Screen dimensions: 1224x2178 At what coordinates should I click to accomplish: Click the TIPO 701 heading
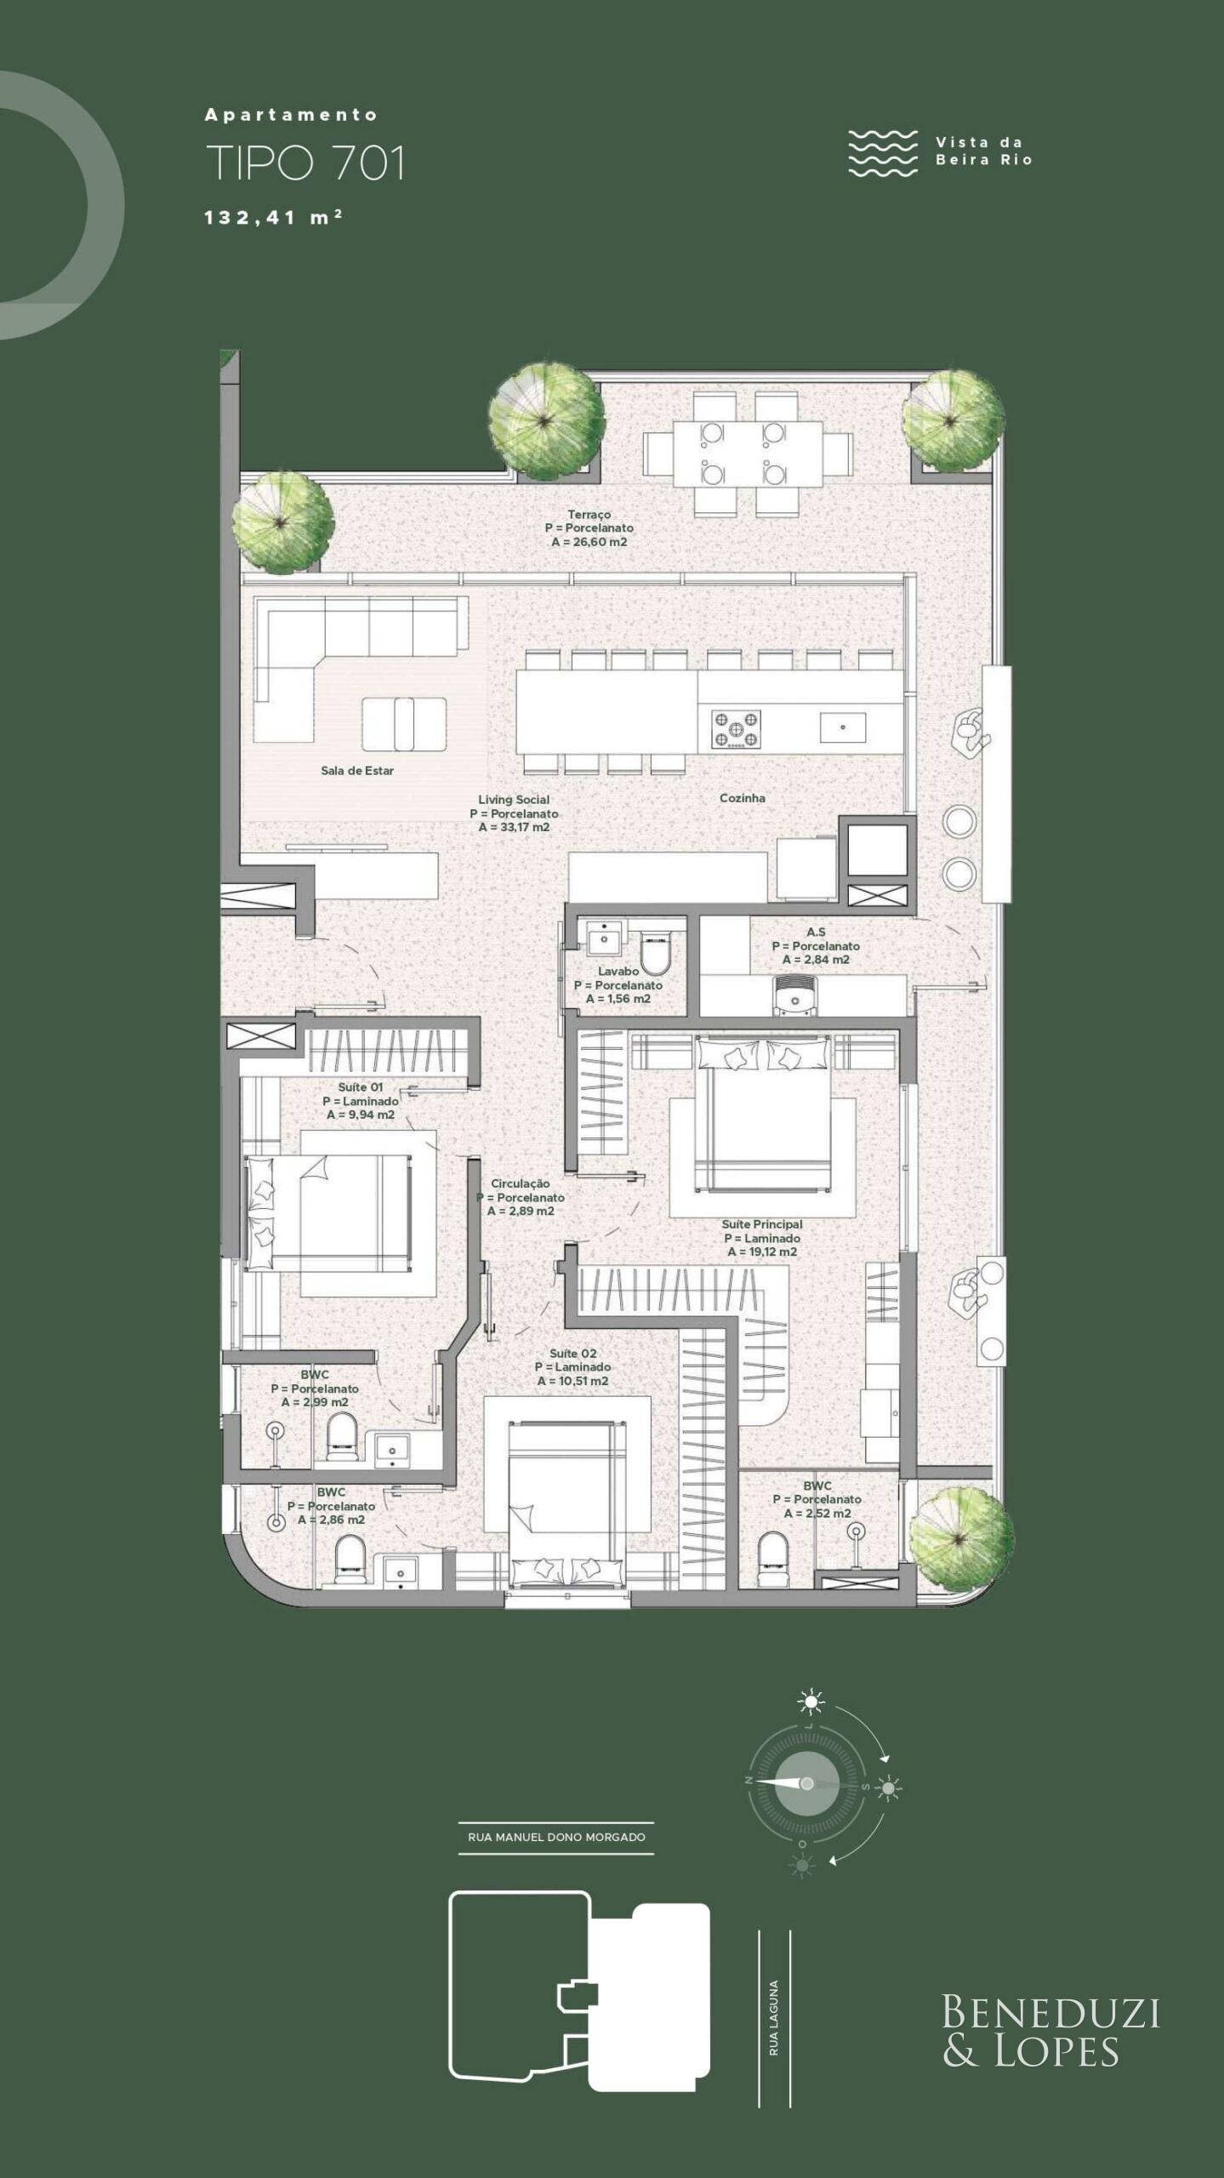[x=305, y=163]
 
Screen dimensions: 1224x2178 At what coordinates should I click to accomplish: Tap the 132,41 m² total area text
[x=273, y=217]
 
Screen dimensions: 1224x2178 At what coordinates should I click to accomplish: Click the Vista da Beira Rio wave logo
[x=883, y=153]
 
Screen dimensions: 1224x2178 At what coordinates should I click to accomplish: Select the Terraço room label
[x=589, y=514]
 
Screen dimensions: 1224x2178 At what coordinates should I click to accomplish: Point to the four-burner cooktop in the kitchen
[x=737, y=729]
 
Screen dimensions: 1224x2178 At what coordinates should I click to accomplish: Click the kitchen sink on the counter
[x=843, y=727]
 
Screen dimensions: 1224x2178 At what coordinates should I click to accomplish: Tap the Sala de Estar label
[x=357, y=771]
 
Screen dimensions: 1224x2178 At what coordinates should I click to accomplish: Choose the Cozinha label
[x=743, y=798]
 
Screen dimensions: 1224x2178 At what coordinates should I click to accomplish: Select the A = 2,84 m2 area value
[x=816, y=960]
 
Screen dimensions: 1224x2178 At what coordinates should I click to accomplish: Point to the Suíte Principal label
[x=762, y=1224]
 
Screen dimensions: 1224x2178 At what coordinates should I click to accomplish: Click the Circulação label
[x=521, y=1183]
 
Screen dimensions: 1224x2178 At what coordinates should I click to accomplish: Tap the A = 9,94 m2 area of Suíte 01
[x=361, y=1115]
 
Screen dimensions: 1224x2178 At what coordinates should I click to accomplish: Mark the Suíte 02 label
[x=573, y=1354]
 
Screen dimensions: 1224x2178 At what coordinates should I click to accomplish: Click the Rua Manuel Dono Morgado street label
[x=556, y=1837]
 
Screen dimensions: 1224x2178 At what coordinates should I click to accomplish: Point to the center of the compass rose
[x=806, y=1783]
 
